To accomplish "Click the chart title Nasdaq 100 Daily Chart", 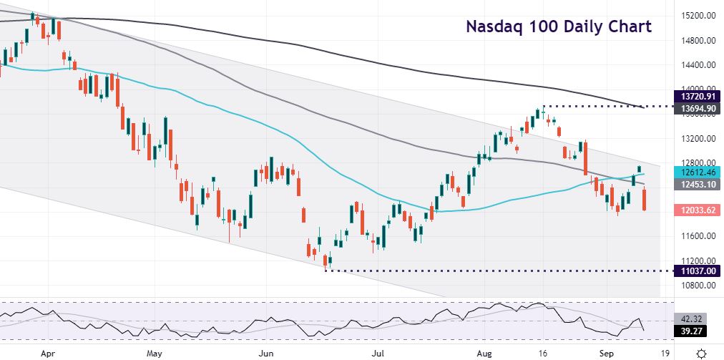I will coord(558,27).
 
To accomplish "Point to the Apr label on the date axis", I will coord(48,353).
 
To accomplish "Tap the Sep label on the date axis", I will coord(607,353).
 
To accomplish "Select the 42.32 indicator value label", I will coord(688,319).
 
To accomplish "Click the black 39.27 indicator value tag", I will coord(688,331).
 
